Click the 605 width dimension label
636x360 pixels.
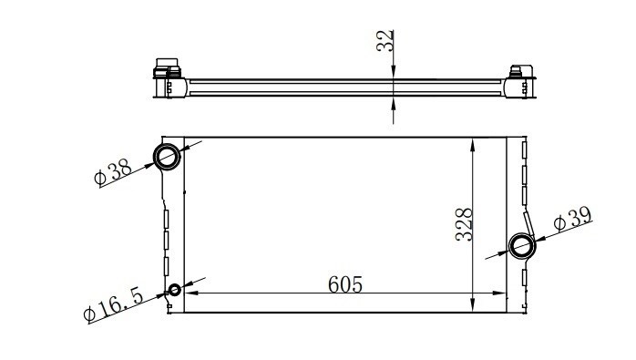(x=344, y=284)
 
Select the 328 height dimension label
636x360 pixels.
(x=464, y=225)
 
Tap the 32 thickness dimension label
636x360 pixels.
(x=385, y=40)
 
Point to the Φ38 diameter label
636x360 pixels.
(x=113, y=172)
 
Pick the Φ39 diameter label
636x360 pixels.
(x=573, y=220)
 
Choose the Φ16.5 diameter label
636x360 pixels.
(x=114, y=304)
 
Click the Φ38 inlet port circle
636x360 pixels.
(x=167, y=157)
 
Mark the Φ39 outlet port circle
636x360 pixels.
(x=522, y=245)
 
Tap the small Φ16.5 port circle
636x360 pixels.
(x=174, y=290)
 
